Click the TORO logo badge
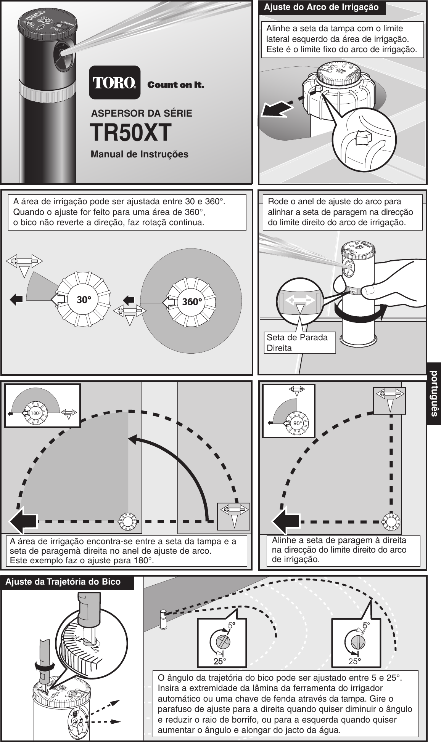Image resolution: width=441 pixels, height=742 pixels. coord(114,83)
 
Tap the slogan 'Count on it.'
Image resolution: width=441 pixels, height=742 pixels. coord(175,85)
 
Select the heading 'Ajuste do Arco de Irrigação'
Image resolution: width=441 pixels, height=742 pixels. coord(321,7)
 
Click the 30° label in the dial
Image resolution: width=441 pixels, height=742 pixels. coord(84,300)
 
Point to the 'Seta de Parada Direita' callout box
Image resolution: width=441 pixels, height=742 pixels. coord(299,342)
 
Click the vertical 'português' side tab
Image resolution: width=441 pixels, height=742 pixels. coord(434,393)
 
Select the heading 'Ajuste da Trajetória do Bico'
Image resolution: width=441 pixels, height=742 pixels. coord(63,582)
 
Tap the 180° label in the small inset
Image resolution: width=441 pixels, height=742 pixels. coord(35,413)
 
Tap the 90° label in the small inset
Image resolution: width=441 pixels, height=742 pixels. coord(298,423)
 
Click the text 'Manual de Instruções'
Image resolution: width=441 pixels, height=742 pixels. coord(139,154)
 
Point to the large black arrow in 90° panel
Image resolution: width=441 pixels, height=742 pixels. coord(286,521)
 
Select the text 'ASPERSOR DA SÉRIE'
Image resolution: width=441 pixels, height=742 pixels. coord(142,113)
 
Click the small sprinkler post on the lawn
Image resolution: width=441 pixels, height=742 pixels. coord(163,619)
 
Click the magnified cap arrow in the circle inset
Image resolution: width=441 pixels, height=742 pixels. coord(362,138)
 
